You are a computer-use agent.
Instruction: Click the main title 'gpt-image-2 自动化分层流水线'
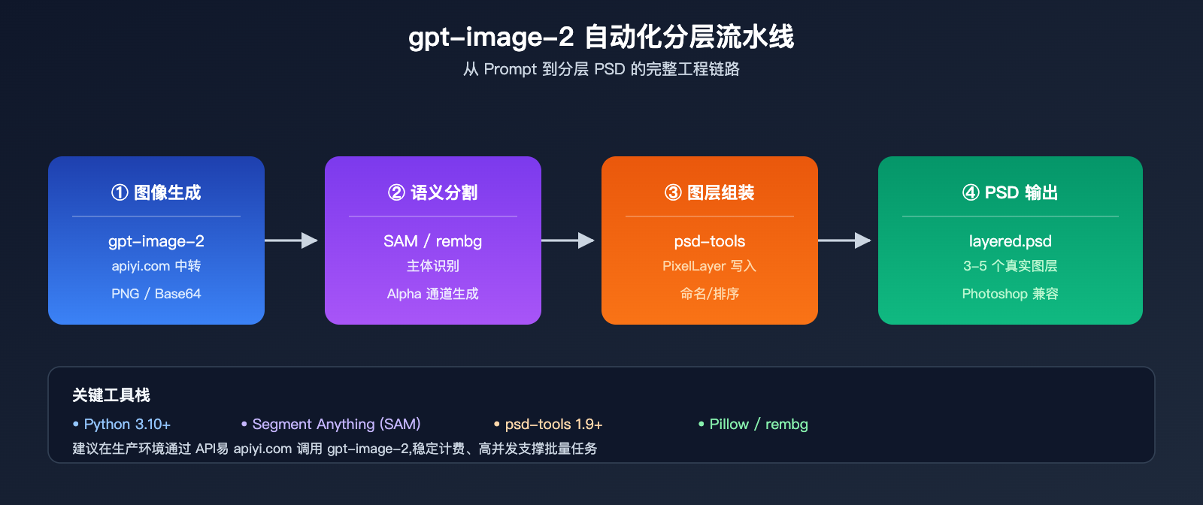(x=601, y=37)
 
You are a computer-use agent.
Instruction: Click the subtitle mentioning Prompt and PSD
(x=601, y=69)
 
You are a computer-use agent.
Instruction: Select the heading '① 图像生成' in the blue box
(x=156, y=193)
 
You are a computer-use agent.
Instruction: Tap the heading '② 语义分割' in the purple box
(x=433, y=193)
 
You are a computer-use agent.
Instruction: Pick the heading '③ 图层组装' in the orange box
(x=710, y=193)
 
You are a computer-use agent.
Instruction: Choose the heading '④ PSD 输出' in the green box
(x=1011, y=193)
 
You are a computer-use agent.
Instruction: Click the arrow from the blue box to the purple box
(x=292, y=240)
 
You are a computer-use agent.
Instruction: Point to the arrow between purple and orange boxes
(x=568, y=240)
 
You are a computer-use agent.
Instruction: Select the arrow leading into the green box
(x=845, y=240)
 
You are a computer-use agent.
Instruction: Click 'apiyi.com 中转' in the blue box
(x=156, y=266)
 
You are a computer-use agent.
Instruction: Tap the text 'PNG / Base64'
(x=156, y=294)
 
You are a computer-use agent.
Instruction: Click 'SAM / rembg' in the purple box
(x=433, y=241)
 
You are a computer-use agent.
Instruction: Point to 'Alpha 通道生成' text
(x=433, y=294)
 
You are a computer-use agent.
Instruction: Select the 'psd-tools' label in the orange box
(x=710, y=241)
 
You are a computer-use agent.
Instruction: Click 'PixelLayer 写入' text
(x=710, y=266)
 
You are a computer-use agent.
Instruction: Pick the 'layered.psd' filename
(x=1011, y=241)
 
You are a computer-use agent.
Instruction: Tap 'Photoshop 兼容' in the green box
(x=1011, y=294)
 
